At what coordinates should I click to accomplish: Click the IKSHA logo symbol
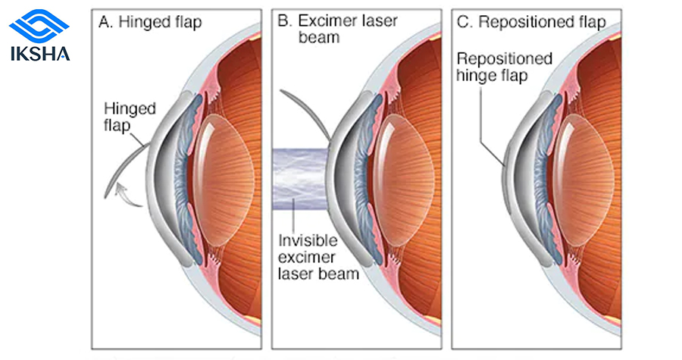click(x=39, y=26)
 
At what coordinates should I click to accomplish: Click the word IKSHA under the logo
click(x=39, y=54)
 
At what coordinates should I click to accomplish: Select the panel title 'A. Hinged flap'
click(x=150, y=22)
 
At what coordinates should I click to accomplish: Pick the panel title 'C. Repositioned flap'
click(x=531, y=22)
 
